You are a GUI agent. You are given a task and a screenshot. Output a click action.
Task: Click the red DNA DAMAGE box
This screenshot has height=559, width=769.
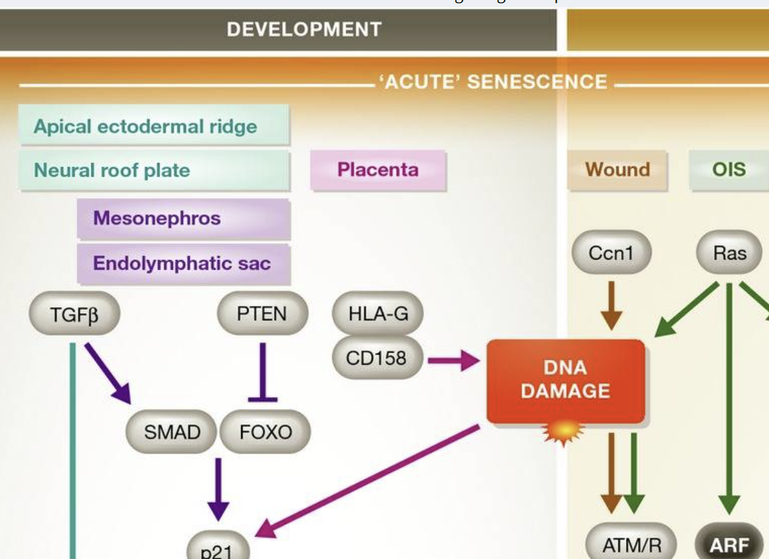point(565,380)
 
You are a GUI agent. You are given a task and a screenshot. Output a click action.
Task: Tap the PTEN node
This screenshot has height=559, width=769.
point(262,314)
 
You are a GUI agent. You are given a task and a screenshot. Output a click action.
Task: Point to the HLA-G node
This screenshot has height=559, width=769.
point(378,314)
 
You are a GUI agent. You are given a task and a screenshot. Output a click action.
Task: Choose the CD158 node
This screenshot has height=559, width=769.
point(378,357)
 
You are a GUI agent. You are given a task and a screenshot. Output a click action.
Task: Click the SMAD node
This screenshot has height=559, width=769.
point(172,432)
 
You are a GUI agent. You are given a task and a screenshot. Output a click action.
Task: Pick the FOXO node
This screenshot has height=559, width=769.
point(265,432)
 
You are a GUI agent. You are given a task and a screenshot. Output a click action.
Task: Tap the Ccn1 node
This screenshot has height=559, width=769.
point(611,253)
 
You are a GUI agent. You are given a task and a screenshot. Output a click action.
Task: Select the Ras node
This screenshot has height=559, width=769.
point(729,253)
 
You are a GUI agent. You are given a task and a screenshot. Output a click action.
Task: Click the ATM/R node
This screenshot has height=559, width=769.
point(631,545)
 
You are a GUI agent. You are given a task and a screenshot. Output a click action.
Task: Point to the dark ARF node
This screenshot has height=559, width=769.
point(729,545)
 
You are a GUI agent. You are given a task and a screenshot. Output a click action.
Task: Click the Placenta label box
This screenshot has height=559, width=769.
point(378,170)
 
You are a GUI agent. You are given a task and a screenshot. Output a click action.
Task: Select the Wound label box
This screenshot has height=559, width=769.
point(617,170)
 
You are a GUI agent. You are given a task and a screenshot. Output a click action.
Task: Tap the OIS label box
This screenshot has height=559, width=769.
point(729,170)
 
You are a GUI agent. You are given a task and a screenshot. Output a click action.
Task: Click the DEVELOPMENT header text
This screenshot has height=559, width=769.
point(304,29)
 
